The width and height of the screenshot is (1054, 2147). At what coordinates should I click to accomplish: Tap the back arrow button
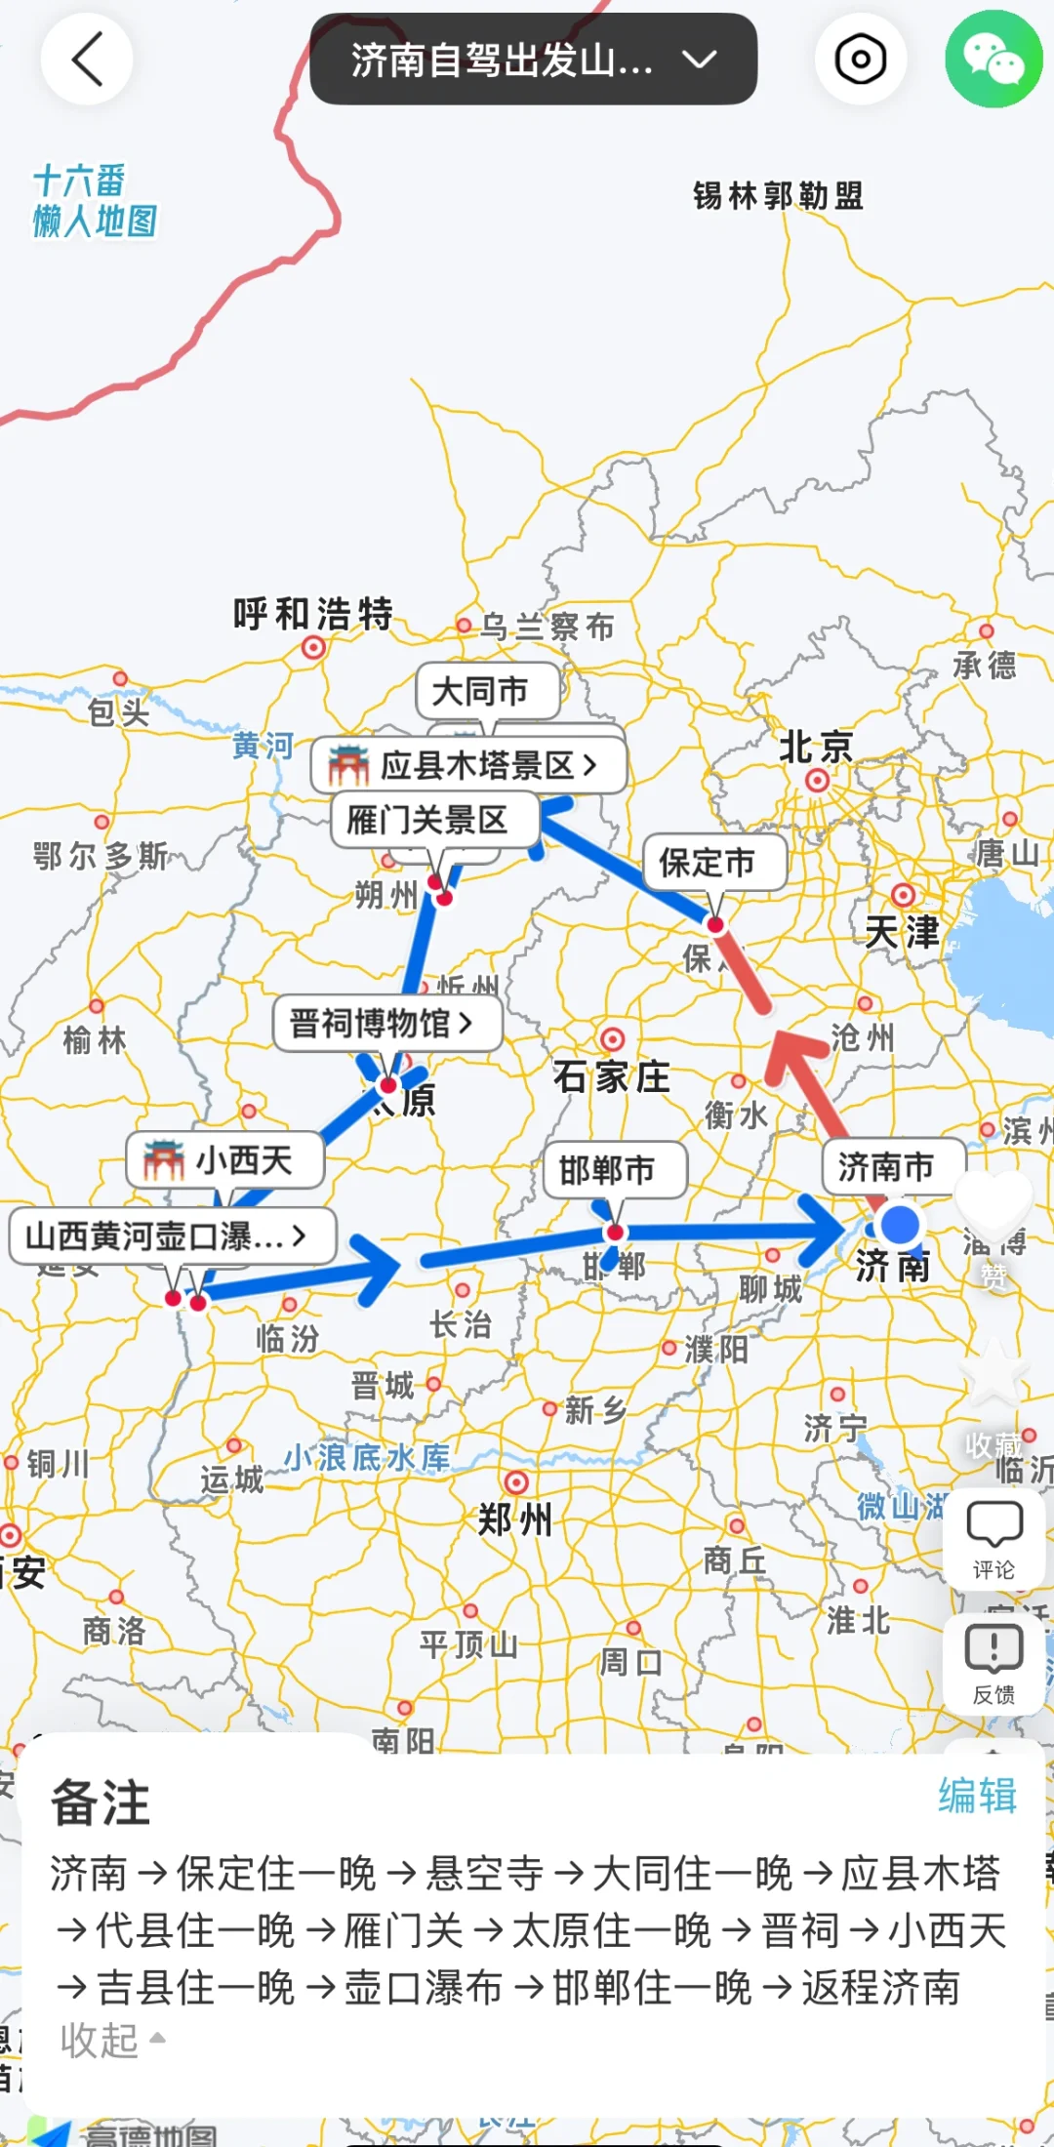coord(87,60)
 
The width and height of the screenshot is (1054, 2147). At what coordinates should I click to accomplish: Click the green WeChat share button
coord(993,60)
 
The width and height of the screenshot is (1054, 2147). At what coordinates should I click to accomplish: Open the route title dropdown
coord(533,61)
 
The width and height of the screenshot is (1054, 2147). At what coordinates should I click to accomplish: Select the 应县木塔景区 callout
coord(468,765)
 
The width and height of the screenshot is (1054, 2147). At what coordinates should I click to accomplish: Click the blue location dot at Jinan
coord(899,1224)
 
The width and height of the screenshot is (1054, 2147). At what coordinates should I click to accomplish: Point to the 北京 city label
coord(816,748)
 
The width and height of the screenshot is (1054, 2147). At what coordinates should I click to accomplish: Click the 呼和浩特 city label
coord(313,614)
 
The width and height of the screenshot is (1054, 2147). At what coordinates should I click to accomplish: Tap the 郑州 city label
coord(515,1519)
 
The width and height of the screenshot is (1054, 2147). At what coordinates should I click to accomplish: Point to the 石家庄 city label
coord(612,1077)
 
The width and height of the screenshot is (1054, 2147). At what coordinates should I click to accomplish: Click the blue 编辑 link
coord(977,1795)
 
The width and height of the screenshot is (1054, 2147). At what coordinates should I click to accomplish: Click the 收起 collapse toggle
coord(111,2039)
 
